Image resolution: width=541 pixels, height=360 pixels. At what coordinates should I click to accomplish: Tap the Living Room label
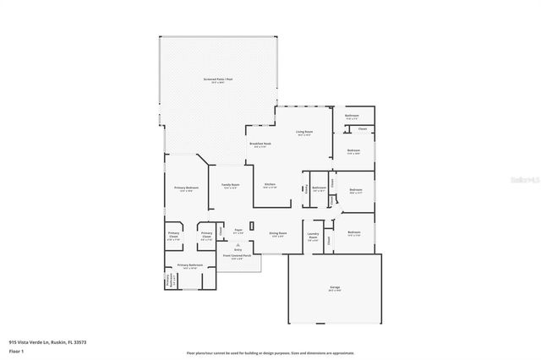click(304, 132)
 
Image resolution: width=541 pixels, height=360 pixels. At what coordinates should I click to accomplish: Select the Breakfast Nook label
click(260, 144)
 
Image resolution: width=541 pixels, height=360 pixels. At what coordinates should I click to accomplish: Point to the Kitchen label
click(270, 184)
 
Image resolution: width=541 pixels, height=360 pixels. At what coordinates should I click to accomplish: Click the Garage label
click(335, 288)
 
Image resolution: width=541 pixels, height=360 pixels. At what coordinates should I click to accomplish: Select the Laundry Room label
click(313, 237)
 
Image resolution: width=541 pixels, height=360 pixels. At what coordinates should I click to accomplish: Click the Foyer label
click(238, 231)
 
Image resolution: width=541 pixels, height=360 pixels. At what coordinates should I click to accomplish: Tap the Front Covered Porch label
click(237, 257)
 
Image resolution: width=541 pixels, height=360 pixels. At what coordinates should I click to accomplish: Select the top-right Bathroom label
click(352, 116)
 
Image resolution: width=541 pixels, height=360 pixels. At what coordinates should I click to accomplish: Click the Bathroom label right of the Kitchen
click(319, 188)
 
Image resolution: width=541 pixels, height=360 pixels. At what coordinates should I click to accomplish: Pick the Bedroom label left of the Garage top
click(353, 233)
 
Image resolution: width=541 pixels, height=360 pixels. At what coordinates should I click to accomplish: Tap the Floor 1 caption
click(16, 351)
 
